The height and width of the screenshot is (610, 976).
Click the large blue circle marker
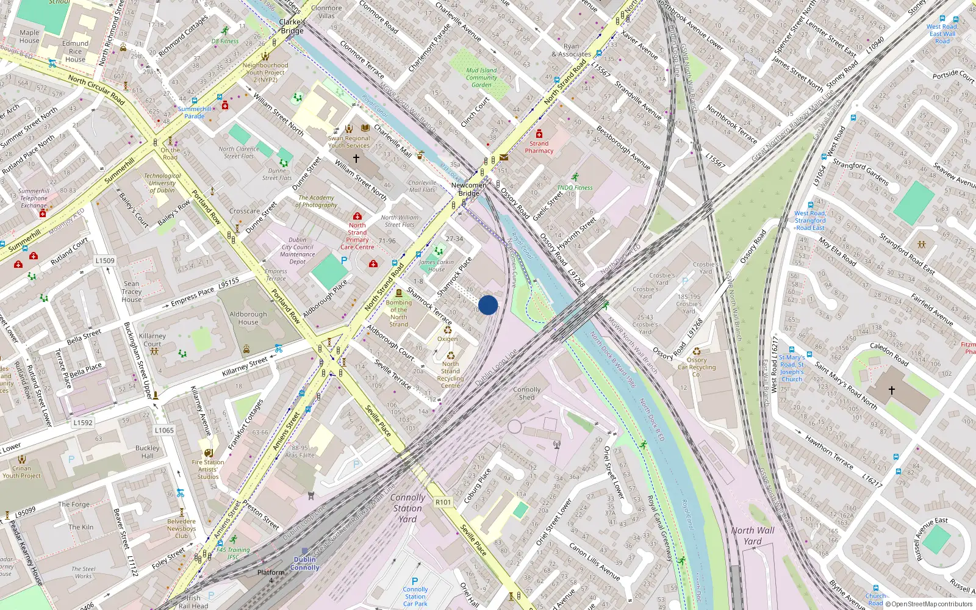pyautogui.click(x=488, y=305)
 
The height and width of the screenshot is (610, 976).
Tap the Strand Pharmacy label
pyautogui.click(x=539, y=148)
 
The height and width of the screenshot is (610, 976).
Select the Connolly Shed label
pyautogui.click(x=526, y=393)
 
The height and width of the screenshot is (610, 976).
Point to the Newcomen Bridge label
pyautogui.click(x=469, y=189)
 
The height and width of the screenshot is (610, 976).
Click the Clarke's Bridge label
pyautogui.click(x=292, y=26)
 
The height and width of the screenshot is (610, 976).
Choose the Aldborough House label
pyautogui.click(x=248, y=318)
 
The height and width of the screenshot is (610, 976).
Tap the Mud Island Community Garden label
pyautogui.click(x=481, y=77)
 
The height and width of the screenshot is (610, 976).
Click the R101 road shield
pyautogui.click(x=443, y=502)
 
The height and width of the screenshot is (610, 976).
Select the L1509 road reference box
pyautogui.click(x=104, y=260)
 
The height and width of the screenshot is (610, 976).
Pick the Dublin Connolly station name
pyautogui.click(x=304, y=563)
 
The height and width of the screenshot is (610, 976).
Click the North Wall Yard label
pyautogui.click(x=753, y=536)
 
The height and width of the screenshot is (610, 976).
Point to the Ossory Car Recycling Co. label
pyautogui.click(x=697, y=367)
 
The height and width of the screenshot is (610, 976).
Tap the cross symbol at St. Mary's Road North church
pyautogui.click(x=891, y=390)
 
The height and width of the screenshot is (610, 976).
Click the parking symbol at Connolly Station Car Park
pyautogui.click(x=415, y=581)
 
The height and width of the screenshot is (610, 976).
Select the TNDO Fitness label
pyautogui.click(x=575, y=188)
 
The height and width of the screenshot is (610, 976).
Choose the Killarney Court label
pyautogui.click(x=152, y=340)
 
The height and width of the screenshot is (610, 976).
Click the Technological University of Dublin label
pyautogui.click(x=162, y=183)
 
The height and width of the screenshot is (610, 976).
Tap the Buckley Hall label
pyautogui.click(x=148, y=451)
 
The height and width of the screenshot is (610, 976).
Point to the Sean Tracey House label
pyautogui.click(x=132, y=292)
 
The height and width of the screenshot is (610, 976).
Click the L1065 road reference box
pyautogui.click(x=163, y=430)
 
